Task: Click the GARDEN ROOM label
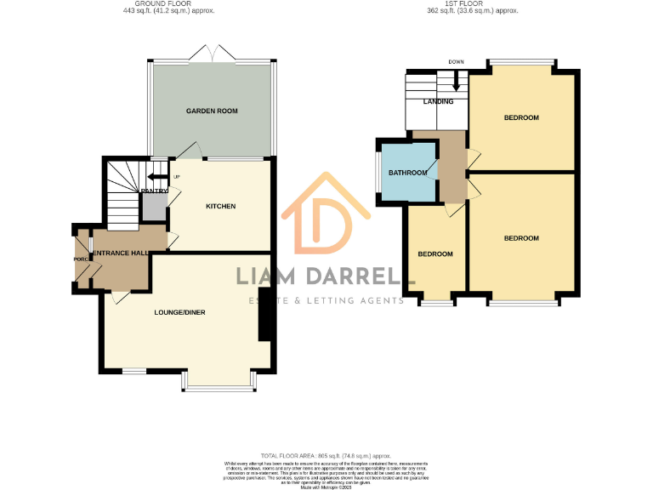pyautogui.click(x=212, y=111)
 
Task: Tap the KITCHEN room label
pyautogui.click(x=220, y=207)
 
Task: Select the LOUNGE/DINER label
pyautogui.click(x=179, y=312)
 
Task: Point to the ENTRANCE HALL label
pyautogui.click(x=122, y=253)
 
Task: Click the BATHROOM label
pyautogui.click(x=407, y=174)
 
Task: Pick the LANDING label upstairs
pyautogui.click(x=439, y=102)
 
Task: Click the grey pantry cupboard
pyautogui.click(x=154, y=204)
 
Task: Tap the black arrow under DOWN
pyautogui.click(x=457, y=83)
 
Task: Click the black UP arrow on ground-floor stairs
pyautogui.click(x=156, y=177)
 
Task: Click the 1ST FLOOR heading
pyautogui.click(x=472, y=4)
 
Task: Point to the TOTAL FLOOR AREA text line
pyautogui.click(x=326, y=456)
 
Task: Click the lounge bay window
pyautogui.click(x=219, y=388)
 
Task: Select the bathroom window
pyautogui.click(x=379, y=174)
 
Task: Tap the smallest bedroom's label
pyautogui.click(x=434, y=254)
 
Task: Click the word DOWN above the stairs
pyautogui.click(x=457, y=62)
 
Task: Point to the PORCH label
pyautogui.click(x=81, y=259)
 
